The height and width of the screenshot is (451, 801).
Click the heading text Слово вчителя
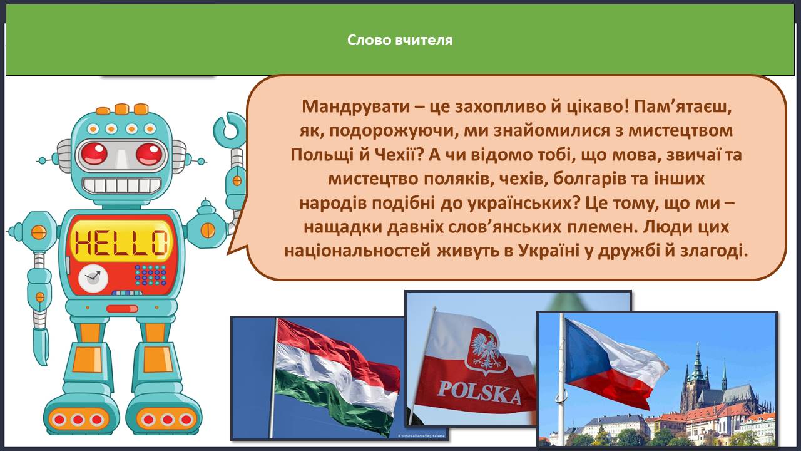pos(400,40)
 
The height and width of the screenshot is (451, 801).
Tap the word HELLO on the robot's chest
pos(121,242)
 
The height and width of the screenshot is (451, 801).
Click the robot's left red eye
pos(94,153)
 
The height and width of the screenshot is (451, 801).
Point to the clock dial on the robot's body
pos(93,278)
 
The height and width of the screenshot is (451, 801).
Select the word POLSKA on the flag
pos(479,392)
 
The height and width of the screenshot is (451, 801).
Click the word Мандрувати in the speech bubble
pos(356,106)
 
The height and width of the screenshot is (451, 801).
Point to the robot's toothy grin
pos(121,185)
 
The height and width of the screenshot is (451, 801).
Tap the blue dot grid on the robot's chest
pos(151,275)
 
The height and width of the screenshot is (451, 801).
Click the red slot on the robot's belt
pos(122,309)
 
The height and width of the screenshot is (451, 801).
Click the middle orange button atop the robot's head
pos(121,109)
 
